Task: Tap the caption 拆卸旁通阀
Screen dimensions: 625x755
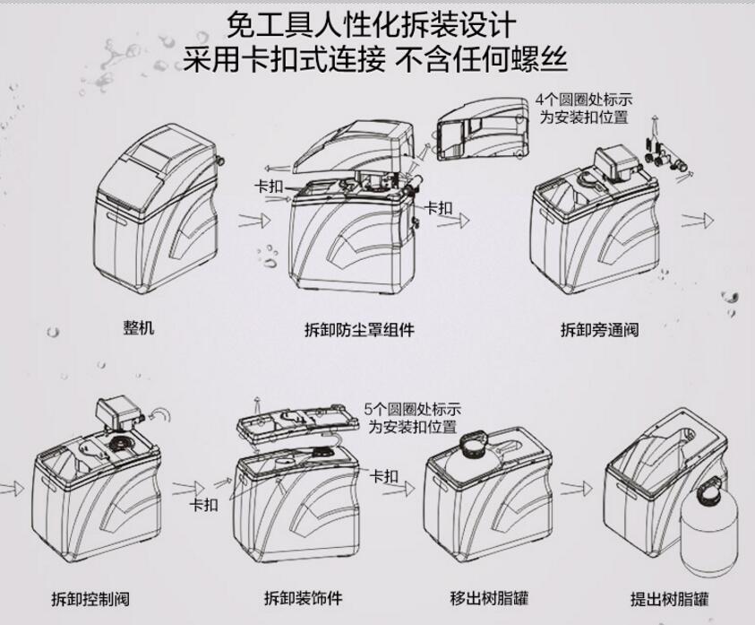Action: [599, 329]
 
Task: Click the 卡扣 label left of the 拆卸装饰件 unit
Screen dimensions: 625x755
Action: [203, 505]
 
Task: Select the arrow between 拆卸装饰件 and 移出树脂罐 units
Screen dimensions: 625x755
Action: [403, 490]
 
